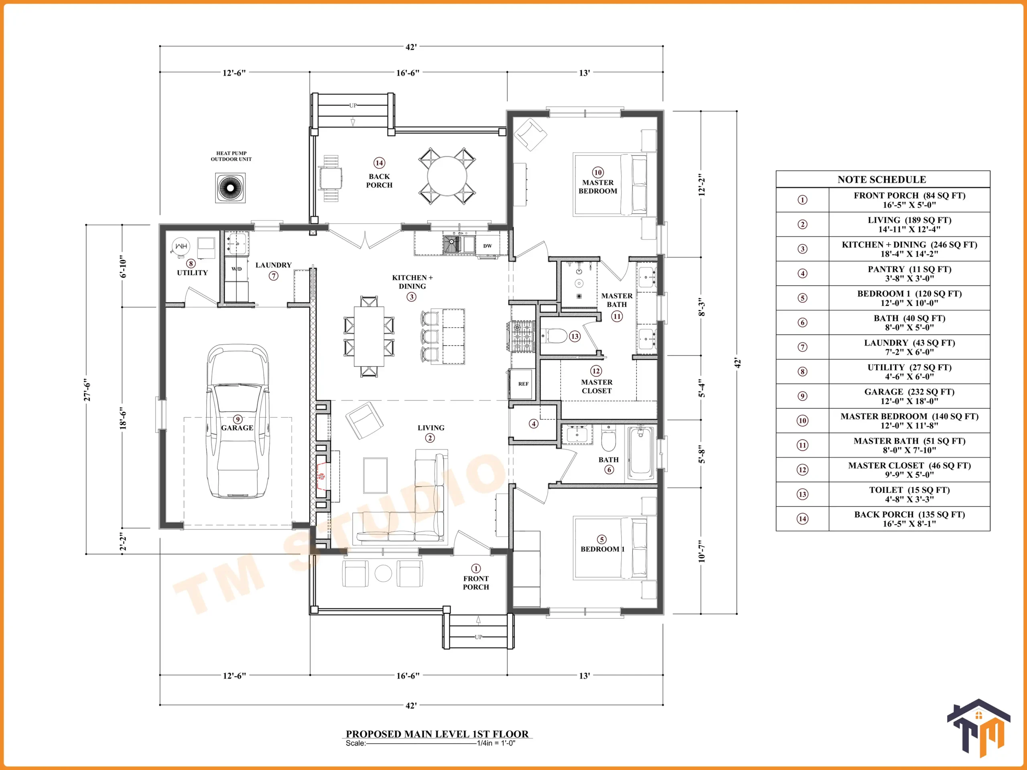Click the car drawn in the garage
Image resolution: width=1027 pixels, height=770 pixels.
(238, 421)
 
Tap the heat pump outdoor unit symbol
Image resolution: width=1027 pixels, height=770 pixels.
(230, 188)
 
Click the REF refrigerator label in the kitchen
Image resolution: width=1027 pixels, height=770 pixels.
(523, 384)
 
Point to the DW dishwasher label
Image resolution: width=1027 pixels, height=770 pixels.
(487, 246)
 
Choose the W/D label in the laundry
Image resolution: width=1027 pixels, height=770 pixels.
(237, 269)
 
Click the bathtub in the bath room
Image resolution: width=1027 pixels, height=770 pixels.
(641, 453)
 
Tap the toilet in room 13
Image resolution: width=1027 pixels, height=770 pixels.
(555, 336)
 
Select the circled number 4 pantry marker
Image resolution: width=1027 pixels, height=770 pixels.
(534, 424)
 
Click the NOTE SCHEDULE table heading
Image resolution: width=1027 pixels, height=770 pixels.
(882, 180)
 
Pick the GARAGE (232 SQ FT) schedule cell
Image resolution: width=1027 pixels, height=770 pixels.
(909, 396)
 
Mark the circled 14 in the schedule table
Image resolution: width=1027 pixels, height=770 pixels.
(802, 519)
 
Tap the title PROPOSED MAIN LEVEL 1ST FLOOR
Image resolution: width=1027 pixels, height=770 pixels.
(437, 734)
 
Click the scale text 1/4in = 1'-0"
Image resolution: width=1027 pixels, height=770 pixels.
(496, 743)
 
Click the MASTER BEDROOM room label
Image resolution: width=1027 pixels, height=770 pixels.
(598, 186)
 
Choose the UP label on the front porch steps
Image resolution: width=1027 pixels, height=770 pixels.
(478, 637)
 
